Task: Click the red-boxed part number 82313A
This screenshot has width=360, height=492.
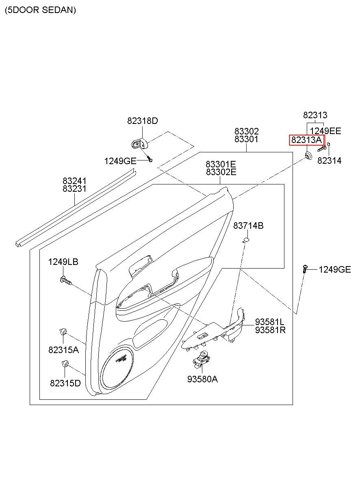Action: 306,140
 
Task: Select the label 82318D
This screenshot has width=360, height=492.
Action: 142,121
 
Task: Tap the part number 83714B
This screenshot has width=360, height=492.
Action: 248,225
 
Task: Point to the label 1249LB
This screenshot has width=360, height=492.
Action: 63,262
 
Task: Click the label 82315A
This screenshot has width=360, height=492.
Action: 63,349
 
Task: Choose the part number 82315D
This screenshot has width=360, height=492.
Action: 65,383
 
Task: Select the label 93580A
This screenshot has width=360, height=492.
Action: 202,379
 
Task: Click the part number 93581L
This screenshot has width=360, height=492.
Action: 270,322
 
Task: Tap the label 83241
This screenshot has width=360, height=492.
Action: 74,181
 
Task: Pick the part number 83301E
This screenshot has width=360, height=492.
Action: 221,164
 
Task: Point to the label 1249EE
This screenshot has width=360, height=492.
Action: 325,131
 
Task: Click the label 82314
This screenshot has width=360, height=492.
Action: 329,160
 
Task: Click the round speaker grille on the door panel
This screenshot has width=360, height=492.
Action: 118,366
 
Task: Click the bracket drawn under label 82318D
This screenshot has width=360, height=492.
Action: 139,143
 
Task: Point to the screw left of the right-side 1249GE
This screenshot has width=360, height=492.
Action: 305,269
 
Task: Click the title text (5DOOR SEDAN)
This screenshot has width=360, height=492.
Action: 40,10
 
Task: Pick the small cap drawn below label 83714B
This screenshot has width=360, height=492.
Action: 246,241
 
